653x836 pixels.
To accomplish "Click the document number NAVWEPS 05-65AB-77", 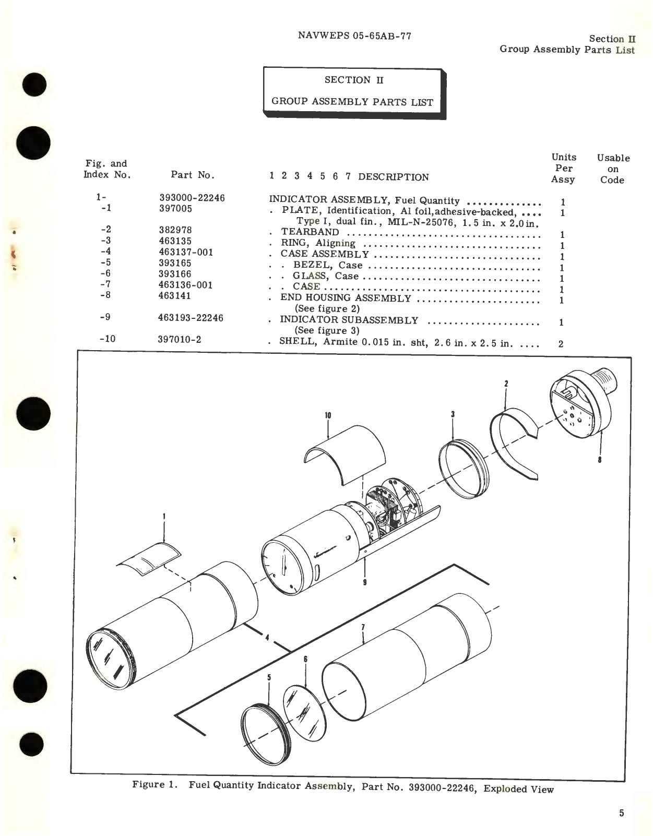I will tap(354, 36).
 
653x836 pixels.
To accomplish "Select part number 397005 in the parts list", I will tap(175, 209).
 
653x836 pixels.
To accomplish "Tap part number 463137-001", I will tap(185, 252).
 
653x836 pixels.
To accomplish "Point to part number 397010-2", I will tap(179, 340).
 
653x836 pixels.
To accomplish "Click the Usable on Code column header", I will tap(613, 169).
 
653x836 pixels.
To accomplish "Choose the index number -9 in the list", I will tap(105, 317).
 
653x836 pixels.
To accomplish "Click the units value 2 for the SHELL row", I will tap(561, 344).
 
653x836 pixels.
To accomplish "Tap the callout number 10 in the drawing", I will tap(328, 416).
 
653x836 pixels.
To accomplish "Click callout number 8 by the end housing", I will tap(600, 460).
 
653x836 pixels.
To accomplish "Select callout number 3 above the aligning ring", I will tap(453, 414).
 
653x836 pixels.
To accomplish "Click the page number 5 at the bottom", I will tap(621, 813).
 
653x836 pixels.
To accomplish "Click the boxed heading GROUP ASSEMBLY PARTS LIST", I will tap(352, 102).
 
